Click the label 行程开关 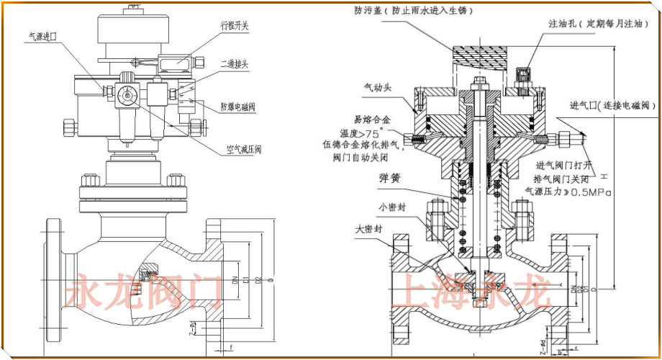pyautogui.click(x=234, y=25)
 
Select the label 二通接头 pyautogui.click(x=234, y=63)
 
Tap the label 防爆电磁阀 pyautogui.click(x=238, y=107)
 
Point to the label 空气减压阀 pyautogui.click(x=242, y=150)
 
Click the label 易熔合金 pyautogui.click(x=373, y=120)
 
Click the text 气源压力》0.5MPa pyautogui.click(x=568, y=192)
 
